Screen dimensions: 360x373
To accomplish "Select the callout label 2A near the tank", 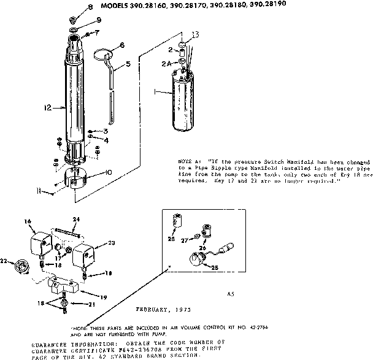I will pyautogui.click(x=165, y=63).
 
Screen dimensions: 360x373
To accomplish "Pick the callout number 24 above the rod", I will pyautogui.click(x=77, y=220).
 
